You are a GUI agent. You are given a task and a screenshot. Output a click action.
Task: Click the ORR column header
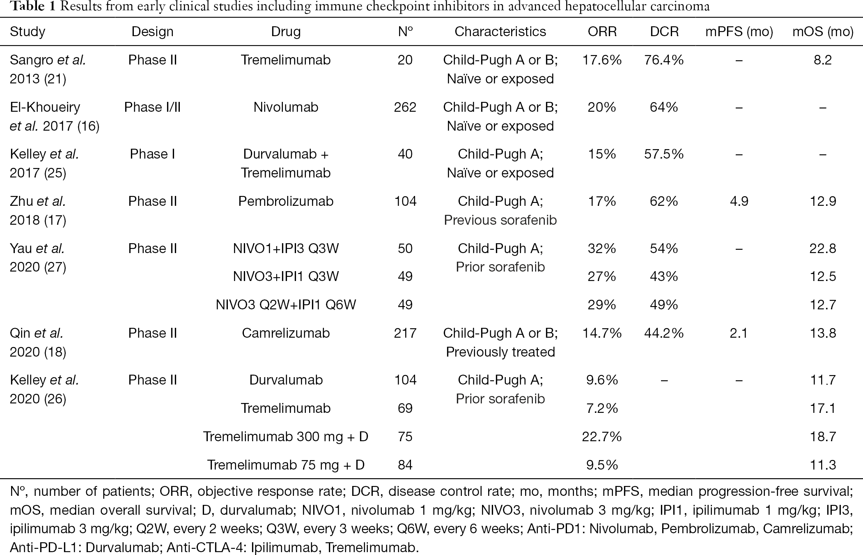[x=602, y=32]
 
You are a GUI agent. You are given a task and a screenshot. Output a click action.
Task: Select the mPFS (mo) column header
[x=739, y=32]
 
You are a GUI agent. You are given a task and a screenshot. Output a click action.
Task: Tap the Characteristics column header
[x=500, y=32]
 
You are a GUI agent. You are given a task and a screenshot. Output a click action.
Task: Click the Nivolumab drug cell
[x=286, y=107]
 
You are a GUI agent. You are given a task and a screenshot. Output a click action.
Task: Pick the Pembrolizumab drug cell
[x=286, y=201]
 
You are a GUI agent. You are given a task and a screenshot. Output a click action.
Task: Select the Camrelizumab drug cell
[x=286, y=333]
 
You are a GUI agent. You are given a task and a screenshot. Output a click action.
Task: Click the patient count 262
[x=405, y=107]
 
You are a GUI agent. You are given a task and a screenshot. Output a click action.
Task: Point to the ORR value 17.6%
[x=602, y=60]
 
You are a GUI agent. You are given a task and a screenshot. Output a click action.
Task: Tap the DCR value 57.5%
[x=664, y=154]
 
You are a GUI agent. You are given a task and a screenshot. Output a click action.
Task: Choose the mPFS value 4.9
[x=739, y=201]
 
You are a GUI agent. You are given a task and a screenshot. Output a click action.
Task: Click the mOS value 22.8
[x=823, y=249]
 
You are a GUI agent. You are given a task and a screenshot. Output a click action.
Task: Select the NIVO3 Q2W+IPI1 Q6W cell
[x=286, y=305]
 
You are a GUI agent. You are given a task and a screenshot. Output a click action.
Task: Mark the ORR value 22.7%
[x=602, y=437]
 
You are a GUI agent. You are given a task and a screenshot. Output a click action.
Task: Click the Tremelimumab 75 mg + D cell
[x=286, y=465]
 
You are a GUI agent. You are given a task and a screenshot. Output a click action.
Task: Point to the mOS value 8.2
[x=823, y=60]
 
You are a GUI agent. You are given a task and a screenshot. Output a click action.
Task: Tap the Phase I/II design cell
[x=152, y=107]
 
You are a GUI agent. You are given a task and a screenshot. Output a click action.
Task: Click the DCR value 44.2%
[x=664, y=333]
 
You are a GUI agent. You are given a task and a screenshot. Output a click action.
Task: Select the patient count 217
[x=405, y=333]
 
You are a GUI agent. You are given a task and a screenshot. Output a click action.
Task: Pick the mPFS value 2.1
[x=739, y=333]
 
